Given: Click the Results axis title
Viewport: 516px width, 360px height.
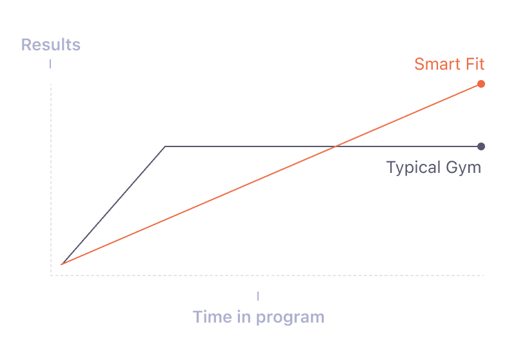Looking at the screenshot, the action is [x=51, y=45].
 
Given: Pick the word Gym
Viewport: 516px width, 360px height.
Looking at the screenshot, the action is [x=464, y=168].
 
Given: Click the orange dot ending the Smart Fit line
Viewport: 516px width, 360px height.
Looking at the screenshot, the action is [x=481, y=84].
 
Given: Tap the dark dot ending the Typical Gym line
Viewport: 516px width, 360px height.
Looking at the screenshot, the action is [x=481, y=146].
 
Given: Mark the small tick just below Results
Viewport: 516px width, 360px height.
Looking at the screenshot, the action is [x=50, y=64].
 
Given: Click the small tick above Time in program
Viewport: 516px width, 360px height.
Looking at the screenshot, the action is [x=258, y=296].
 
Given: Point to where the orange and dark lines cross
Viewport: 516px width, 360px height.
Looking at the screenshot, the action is [x=335, y=146].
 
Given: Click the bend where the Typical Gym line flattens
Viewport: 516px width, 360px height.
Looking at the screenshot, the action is [x=165, y=146].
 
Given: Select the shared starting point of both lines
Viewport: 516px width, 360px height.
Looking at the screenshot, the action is [x=61, y=265].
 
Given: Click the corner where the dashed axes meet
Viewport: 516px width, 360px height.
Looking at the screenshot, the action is [x=51, y=275].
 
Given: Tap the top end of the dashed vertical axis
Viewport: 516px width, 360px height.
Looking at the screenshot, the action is [x=51, y=85].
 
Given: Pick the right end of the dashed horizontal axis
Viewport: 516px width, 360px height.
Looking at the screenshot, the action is [x=483, y=275].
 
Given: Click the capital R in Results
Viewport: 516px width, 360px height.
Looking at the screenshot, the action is [x=26, y=45].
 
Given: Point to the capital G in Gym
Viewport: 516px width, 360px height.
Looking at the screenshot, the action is [x=453, y=167].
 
